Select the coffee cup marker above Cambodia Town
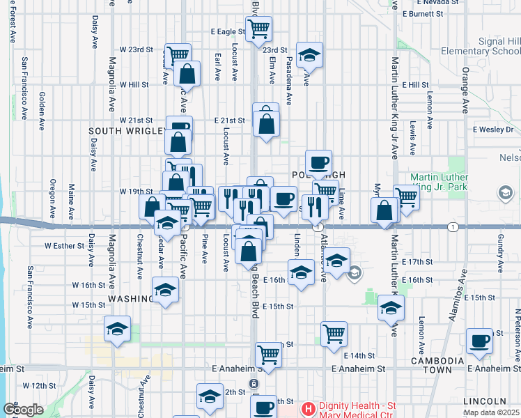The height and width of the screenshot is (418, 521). (479, 341)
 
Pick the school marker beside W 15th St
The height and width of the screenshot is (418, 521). (165, 290)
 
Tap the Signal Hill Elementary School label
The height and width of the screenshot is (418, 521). (480, 47)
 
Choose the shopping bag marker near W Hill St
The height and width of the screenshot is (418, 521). (187, 73)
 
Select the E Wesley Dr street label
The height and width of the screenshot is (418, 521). (492, 129)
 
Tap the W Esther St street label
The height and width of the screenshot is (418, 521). (64, 245)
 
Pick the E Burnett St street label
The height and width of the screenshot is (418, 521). (423, 13)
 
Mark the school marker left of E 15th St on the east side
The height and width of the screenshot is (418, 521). (391, 308)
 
